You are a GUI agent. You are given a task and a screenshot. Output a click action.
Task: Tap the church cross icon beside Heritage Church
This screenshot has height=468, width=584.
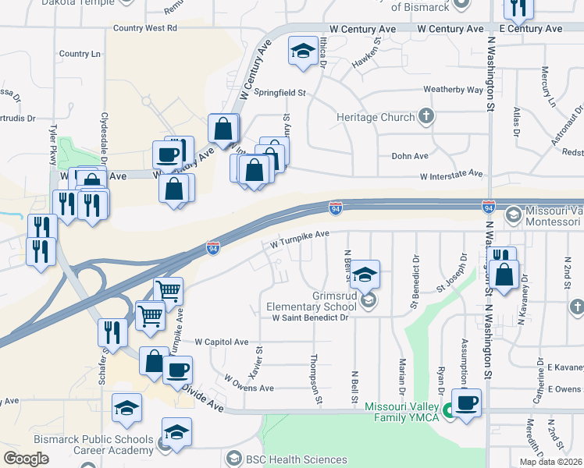426,118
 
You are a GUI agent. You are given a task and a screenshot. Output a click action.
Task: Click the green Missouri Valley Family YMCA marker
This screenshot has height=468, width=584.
448,410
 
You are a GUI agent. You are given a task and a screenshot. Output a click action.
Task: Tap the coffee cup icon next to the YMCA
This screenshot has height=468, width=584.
467,403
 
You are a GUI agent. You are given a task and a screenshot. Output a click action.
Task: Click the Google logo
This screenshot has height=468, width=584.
26,458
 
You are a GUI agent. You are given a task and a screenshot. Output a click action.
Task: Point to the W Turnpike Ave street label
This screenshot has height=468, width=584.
301,239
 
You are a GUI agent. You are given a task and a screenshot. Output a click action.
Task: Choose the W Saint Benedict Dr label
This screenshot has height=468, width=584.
309,318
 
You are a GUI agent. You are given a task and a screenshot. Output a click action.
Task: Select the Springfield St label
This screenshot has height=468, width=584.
281,92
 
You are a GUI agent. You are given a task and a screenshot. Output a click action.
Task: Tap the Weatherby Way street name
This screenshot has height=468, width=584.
453,90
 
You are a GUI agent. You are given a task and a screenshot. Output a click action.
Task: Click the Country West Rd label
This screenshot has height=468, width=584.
145,28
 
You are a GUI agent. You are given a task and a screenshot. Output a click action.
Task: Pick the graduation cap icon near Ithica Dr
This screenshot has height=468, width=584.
301,51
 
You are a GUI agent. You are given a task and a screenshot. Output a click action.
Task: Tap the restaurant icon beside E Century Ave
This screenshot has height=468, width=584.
518,9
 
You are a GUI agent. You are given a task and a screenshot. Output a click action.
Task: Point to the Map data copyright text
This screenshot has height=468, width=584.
550,462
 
